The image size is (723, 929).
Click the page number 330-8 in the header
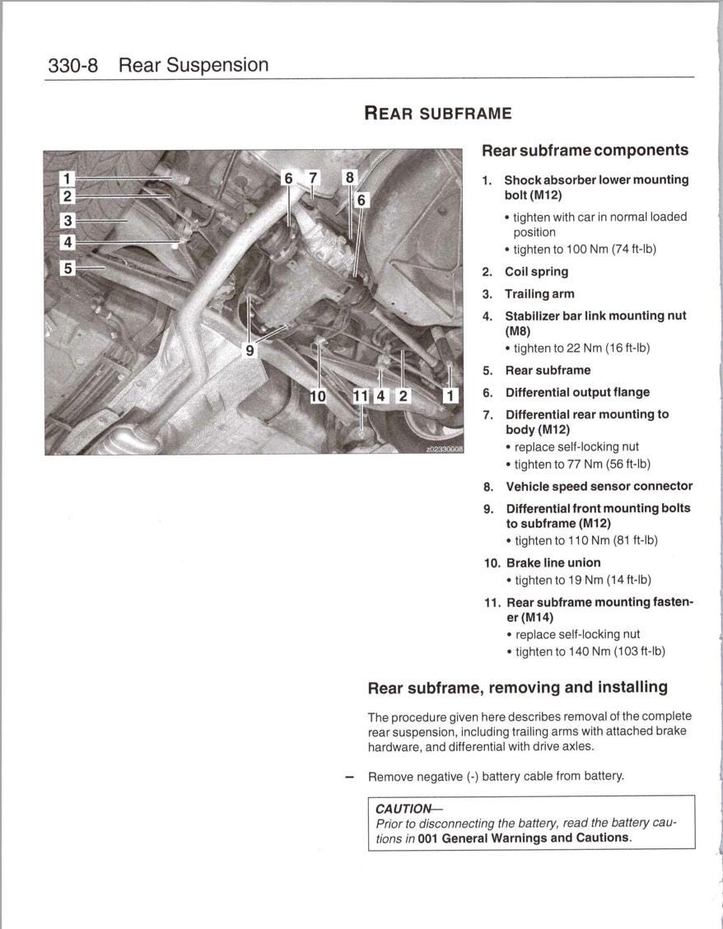[72, 65]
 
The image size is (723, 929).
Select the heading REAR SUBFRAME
[437, 114]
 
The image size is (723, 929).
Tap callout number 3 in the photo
[68, 221]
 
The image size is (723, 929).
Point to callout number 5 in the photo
[68, 268]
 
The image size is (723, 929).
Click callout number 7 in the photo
[312, 178]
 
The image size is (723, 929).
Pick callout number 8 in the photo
[349, 178]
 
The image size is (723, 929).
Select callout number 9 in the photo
[250, 350]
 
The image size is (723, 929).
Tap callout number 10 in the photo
[318, 396]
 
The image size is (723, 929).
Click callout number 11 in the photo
[361, 396]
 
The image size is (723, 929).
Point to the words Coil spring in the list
[536, 272]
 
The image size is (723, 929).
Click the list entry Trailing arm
[539, 294]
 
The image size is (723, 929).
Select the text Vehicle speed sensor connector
[599, 487]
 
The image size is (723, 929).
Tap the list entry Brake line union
[553, 563]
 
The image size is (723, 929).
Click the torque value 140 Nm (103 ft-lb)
[590, 651]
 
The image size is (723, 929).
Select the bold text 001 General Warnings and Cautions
[524, 838]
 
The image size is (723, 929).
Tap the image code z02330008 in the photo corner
[444, 450]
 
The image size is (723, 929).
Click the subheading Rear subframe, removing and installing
[517, 687]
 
